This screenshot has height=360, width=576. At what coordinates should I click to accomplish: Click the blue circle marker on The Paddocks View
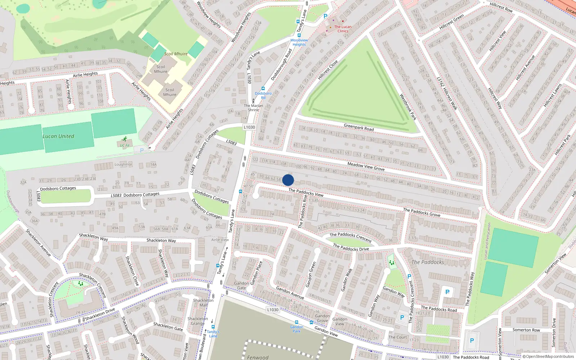[288, 180]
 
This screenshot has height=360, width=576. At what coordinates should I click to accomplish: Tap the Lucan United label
[58, 136]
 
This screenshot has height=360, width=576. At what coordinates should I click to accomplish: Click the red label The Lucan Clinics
[343, 29]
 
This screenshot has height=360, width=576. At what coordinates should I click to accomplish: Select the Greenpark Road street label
[359, 127]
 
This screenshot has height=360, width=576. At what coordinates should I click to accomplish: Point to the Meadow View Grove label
[366, 166]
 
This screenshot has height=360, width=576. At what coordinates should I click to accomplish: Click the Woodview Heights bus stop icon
[299, 35]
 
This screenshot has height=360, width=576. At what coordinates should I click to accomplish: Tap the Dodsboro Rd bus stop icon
[263, 89]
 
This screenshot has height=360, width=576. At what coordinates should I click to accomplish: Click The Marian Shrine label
[253, 108]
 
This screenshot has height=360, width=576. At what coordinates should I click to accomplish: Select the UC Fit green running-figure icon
[125, 139]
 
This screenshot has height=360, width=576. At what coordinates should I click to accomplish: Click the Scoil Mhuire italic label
[176, 54]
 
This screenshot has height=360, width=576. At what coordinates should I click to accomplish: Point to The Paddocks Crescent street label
[351, 237]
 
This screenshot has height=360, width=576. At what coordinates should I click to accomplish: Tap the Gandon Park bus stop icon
[296, 323]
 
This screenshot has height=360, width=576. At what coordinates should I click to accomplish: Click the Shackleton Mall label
[203, 302]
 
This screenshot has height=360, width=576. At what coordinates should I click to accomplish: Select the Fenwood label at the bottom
[258, 357]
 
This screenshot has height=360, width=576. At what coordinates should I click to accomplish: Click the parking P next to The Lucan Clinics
[325, 16]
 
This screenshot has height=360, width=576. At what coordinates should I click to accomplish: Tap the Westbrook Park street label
[408, 107]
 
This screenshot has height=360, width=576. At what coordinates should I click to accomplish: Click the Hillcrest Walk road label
[447, 94]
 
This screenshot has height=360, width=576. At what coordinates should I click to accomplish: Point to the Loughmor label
[123, 164]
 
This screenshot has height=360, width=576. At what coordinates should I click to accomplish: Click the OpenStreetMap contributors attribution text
[548, 357]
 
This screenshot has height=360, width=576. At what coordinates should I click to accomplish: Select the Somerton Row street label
[526, 330]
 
